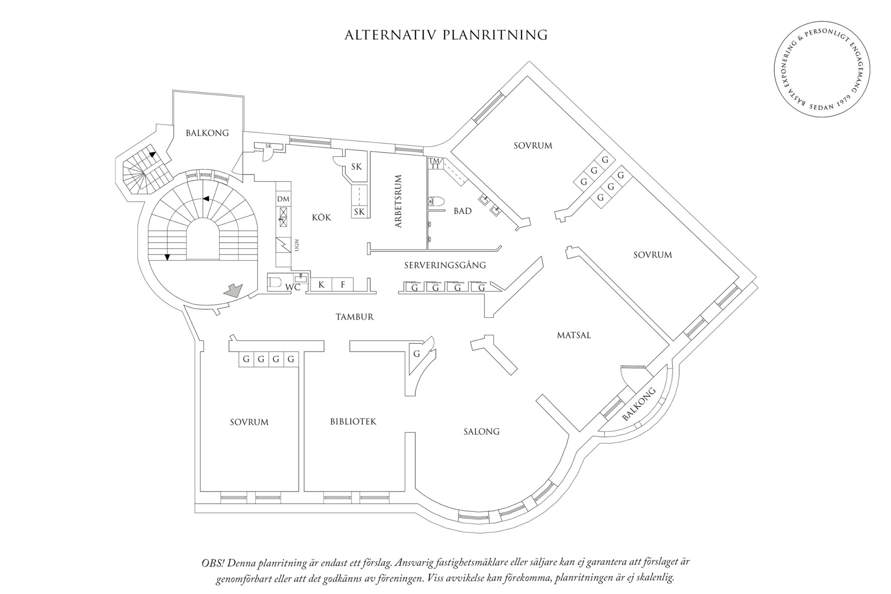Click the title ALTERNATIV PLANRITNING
click(446, 35)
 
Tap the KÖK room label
click(321, 217)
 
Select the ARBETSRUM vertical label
click(398, 202)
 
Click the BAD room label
click(463, 211)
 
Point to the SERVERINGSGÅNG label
click(444, 265)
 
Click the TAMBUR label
click(354, 317)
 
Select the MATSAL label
click(574, 335)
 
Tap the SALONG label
click(482, 431)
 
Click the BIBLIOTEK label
click(353, 422)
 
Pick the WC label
click(292, 288)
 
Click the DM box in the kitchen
click(283, 199)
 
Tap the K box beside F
click(322, 285)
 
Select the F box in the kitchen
click(343, 285)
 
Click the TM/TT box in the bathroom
click(434, 163)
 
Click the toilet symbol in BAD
click(436, 202)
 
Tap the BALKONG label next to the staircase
click(207, 133)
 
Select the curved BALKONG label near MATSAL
click(639, 404)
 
